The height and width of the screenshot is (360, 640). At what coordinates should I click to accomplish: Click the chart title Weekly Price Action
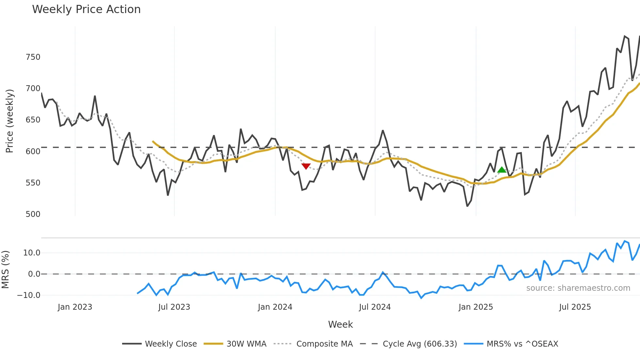click(x=86, y=9)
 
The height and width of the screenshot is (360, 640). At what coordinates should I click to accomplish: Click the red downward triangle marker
click(x=306, y=166)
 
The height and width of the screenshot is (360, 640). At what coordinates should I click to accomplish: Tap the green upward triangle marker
click(x=502, y=170)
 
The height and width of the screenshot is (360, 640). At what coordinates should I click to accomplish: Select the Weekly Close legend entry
click(x=160, y=344)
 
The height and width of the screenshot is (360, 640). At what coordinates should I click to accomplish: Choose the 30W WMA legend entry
click(x=235, y=344)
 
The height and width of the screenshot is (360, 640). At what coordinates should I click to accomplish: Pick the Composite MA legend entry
click(x=313, y=344)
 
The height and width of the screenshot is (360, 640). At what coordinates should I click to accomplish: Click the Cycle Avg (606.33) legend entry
click(x=408, y=344)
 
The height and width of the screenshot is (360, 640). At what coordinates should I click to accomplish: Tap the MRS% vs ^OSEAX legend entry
click(x=511, y=344)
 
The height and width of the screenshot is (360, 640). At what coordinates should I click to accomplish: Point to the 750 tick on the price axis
click(x=33, y=57)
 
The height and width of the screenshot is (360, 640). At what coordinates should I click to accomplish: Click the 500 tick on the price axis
click(x=33, y=214)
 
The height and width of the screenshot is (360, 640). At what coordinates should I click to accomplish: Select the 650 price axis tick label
click(x=33, y=120)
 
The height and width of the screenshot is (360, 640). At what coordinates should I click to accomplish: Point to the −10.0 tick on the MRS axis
click(x=29, y=295)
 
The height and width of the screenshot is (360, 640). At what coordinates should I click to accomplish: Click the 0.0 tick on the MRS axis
click(x=34, y=274)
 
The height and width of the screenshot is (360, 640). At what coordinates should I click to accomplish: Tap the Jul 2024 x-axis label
click(x=375, y=307)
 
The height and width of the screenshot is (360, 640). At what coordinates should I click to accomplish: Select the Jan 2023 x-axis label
click(x=75, y=307)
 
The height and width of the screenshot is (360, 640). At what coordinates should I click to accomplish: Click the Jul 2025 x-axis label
click(x=575, y=307)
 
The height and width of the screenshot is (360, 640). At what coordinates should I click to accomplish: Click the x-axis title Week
click(x=340, y=324)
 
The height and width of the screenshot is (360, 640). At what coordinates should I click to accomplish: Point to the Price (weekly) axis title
click(x=9, y=121)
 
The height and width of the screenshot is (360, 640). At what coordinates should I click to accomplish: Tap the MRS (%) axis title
click(x=5, y=270)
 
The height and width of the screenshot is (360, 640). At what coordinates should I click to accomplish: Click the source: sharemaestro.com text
click(x=578, y=288)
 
